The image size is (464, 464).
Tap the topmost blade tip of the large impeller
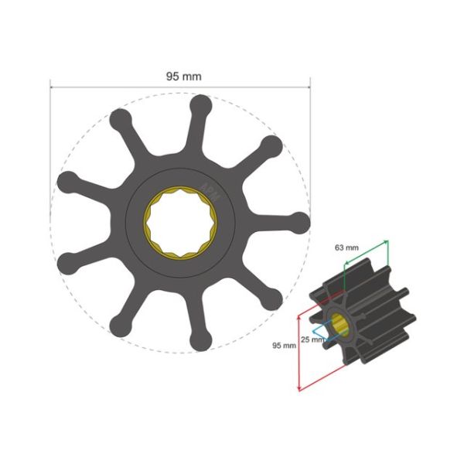click(201, 105)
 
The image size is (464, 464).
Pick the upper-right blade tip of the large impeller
click(270, 146)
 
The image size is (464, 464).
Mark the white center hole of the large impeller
click(181, 223)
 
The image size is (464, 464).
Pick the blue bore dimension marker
click(333, 331)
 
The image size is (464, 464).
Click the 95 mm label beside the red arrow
click(284, 346)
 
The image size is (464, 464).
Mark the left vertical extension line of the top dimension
click(51, 155)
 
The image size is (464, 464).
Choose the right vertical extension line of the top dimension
click(309, 155)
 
